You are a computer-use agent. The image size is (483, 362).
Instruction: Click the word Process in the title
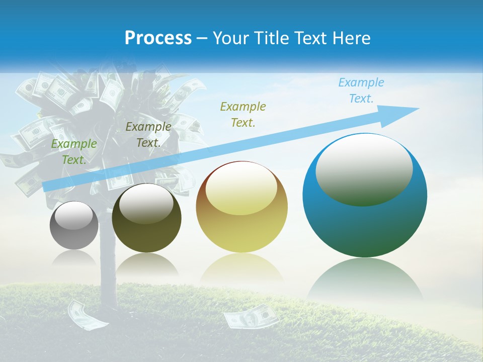tap(158, 38)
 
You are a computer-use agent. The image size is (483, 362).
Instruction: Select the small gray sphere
tap(74, 225)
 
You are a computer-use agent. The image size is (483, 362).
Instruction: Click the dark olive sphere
tap(146, 218)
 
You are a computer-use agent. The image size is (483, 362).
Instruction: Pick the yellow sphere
tap(242, 207)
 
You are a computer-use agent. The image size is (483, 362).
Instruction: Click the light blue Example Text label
tap(361, 90)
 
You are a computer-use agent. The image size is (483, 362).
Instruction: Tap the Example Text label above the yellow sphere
tap(243, 114)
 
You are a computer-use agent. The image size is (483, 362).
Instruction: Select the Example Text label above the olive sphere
tap(148, 134)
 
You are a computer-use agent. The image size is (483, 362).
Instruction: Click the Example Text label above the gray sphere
tap(73, 151)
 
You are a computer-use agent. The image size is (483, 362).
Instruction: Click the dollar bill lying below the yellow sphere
tap(251, 317)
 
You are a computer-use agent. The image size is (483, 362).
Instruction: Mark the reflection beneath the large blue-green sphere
tap(365, 279)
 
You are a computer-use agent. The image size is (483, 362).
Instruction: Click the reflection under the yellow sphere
tap(242, 269)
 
